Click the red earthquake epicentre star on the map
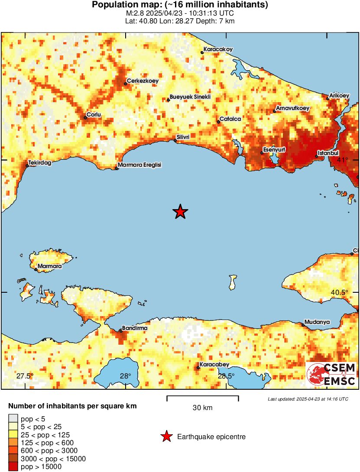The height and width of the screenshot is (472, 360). point(180,212)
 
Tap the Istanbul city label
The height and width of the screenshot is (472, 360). point(328,153)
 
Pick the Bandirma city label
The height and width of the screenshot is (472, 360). point(135,328)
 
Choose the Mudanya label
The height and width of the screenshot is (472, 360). point(317,322)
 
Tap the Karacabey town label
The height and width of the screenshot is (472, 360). point(214,365)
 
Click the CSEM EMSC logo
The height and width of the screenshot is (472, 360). point(331,375)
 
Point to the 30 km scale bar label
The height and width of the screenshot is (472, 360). point(202,408)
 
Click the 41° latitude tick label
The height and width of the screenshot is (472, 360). point(343,160)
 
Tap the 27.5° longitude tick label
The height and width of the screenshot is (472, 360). point(25,376)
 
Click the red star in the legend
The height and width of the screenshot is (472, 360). point(166,437)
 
